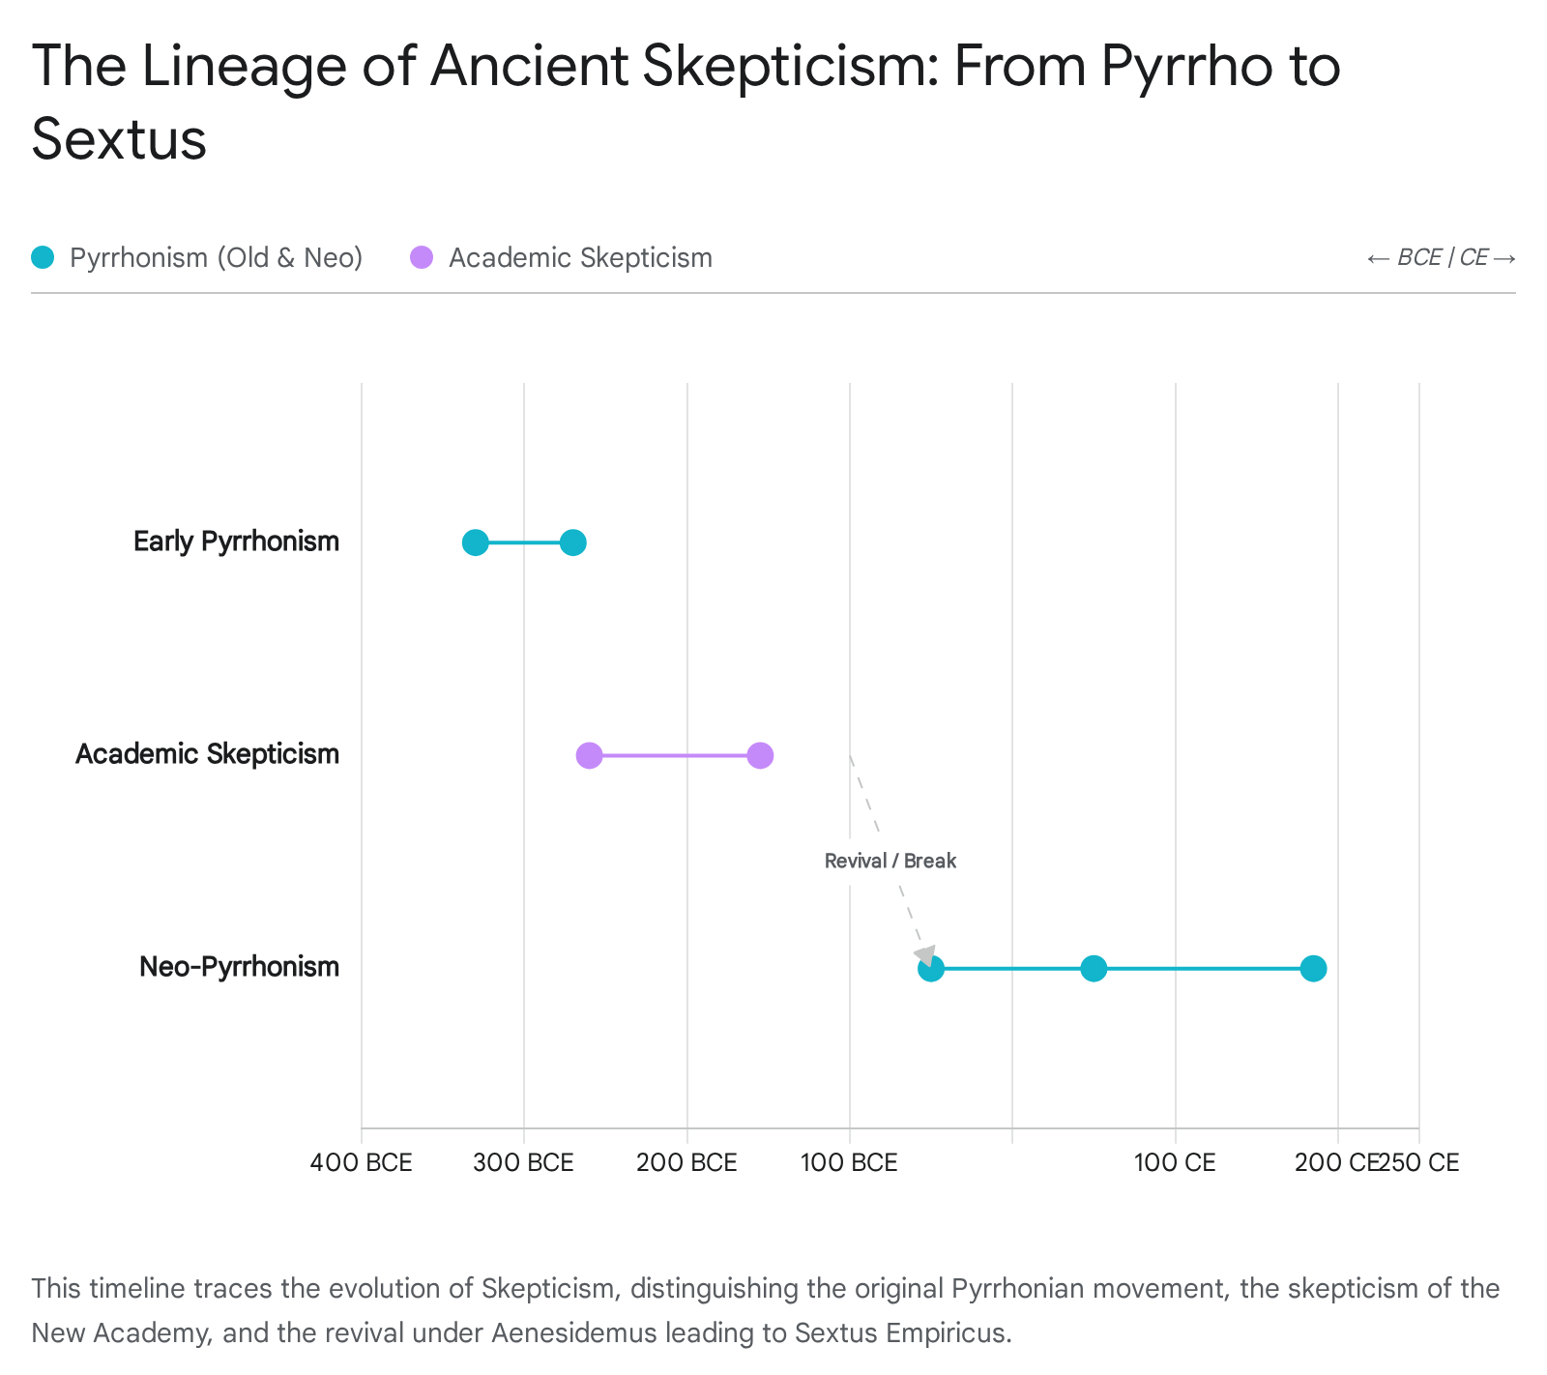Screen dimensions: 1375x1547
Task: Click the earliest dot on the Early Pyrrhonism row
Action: pyautogui.click(x=475, y=542)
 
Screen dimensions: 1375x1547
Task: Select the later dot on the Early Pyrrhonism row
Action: pyautogui.click(x=573, y=542)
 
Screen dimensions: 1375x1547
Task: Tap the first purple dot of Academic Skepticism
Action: pyautogui.click(x=589, y=755)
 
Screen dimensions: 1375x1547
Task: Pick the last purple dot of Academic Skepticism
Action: pyautogui.click(x=760, y=755)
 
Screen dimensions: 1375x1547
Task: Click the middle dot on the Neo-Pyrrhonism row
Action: pyautogui.click(x=1094, y=968)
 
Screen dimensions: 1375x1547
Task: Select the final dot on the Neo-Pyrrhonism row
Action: pyautogui.click(x=1313, y=968)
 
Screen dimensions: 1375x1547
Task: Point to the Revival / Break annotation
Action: pyautogui.click(x=890, y=861)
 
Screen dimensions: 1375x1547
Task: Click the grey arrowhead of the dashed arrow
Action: pyautogui.click(x=926, y=956)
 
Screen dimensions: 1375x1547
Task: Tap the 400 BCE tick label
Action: pyautogui.click(x=361, y=1162)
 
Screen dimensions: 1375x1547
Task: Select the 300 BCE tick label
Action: pyautogui.click(x=523, y=1162)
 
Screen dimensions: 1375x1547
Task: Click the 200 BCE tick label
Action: pyautogui.click(x=686, y=1162)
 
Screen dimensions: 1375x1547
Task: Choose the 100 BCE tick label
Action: pyautogui.click(x=849, y=1162)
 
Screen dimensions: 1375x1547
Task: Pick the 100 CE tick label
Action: pyautogui.click(x=1175, y=1162)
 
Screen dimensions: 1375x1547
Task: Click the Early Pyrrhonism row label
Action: pyautogui.click(x=236, y=541)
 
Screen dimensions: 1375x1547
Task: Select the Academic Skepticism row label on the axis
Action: pyautogui.click(x=207, y=754)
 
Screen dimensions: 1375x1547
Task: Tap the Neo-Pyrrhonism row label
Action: pyautogui.click(x=239, y=967)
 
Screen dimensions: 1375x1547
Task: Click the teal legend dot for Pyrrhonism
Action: pyautogui.click(x=43, y=257)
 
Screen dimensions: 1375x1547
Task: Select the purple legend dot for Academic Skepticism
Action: pyautogui.click(x=422, y=257)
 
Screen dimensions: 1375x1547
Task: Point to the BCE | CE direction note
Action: pyautogui.click(x=1441, y=257)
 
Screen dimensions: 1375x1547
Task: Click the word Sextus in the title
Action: pyautogui.click(x=119, y=139)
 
